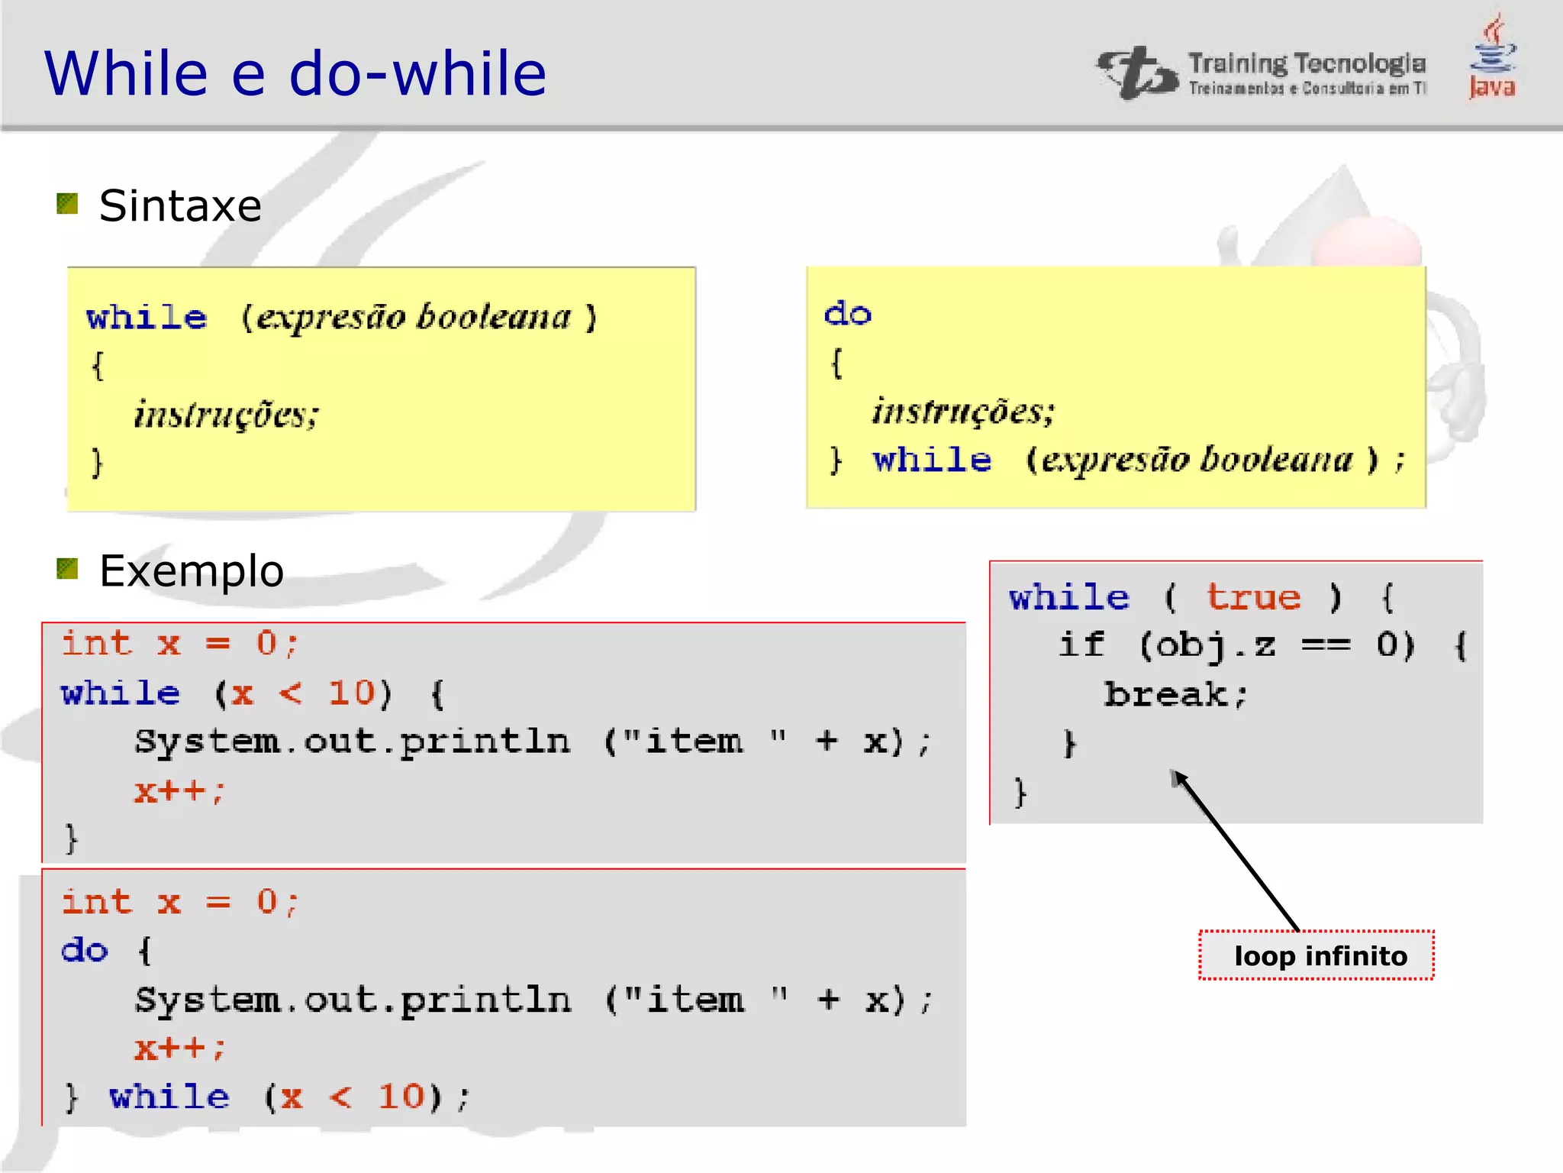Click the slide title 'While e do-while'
[295, 73]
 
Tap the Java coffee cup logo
[1493, 57]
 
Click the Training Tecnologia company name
[1307, 64]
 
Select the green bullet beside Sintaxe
[68, 204]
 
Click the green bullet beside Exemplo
[68, 569]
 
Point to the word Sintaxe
[180, 206]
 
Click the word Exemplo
[192, 571]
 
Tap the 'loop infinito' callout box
[1316, 955]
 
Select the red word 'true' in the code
[1253, 597]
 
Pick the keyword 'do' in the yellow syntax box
[848, 314]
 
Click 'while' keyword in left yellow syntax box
[147, 317]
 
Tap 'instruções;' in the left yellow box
[226, 415]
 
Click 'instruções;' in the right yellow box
[963, 412]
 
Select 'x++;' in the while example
[179, 790]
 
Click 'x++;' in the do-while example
[179, 1048]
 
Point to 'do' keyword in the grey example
[85, 951]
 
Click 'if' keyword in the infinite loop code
[1081, 645]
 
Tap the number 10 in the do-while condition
[399, 1097]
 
